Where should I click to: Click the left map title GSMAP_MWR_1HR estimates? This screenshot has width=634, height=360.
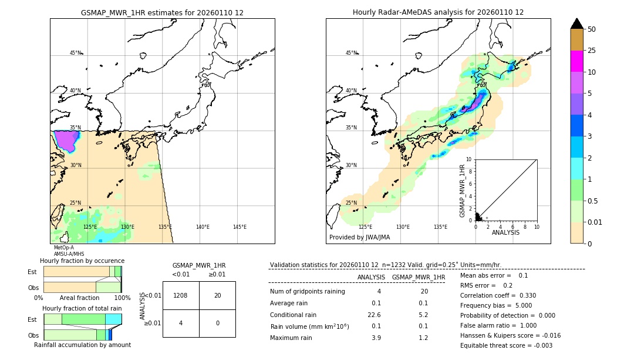point(162,12)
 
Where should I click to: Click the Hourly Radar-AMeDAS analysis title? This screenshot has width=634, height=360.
point(438,12)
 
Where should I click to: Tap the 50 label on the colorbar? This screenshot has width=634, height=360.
point(592,29)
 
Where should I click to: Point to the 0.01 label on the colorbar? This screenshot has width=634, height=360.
point(595,222)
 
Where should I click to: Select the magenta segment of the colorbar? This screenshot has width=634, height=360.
point(576,61)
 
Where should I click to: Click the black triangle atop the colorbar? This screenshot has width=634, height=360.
point(576,24)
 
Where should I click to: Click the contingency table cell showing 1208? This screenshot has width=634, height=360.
point(181,295)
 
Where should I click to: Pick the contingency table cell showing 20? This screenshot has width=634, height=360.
point(217,295)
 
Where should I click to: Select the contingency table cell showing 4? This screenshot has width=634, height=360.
point(181,323)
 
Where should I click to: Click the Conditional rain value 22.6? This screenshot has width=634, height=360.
point(374,314)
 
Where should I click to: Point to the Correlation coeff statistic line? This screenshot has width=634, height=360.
point(498,295)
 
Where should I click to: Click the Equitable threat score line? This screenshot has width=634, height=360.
point(506,345)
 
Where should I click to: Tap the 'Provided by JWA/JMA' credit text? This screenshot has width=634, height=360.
point(359,238)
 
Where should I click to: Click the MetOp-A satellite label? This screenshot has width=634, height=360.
point(63,248)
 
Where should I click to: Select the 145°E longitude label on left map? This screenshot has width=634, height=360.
point(240,227)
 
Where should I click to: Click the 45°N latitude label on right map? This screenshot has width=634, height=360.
point(351,53)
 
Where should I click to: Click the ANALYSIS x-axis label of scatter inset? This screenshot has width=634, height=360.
point(505,232)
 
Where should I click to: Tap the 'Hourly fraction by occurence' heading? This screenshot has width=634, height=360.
point(82,261)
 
